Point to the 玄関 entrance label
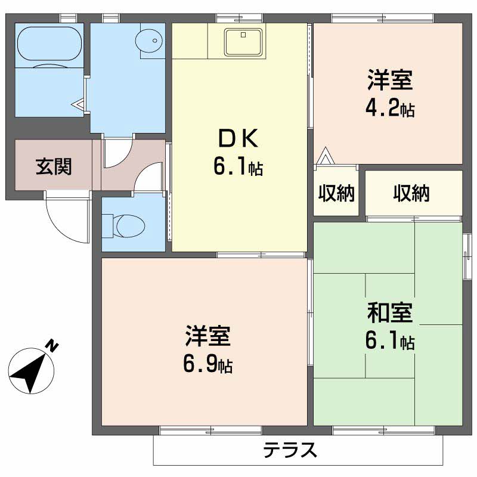point(54,166)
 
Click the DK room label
point(238,140)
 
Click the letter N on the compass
point(53,345)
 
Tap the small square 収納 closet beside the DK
point(336,193)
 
